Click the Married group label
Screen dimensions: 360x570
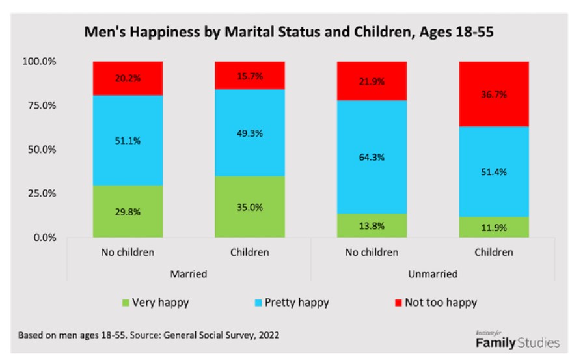pyautogui.click(x=189, y=274)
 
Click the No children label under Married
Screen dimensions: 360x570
pyautogui.click(x=128, y=252)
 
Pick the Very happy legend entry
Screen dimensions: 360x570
pyautogui.click(x=153, y=302)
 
